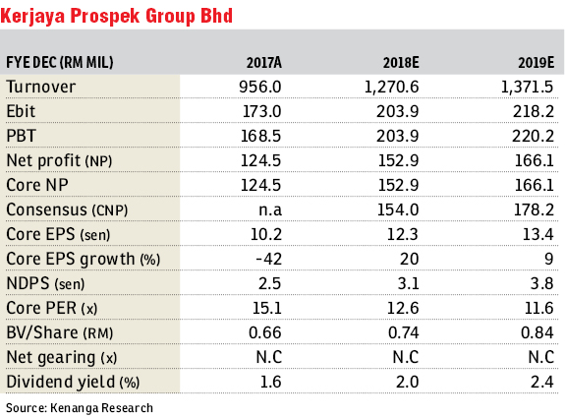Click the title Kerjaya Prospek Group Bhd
pyautogui.click(x=116, y=16)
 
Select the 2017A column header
pyautogui.click(x=264, y=63)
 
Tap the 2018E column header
pyautogui.click(x=401, y=63)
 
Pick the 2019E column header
pyautogui.click(x=537, y=63)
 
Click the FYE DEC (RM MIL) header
pyautogui.click(x=60, y=63)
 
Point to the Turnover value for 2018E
pyautogui.click(x=392, y=87)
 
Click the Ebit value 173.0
pyautogui.click(x=262, y=111)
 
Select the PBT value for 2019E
pyautogui.click(x=533, y=136)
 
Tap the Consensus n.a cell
pyautogui.click(x=270, y=209)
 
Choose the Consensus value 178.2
pyautogui.click(x=534, y=209)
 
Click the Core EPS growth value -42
pyautogui.click(x=269, y=259)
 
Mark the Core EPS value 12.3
pyautogui.click(x=403, y=234)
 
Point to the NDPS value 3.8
pyautogui.click(x=542, y=283)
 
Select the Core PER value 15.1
pyautogui.click(x=267, y=308)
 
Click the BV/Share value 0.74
pyautogui.click(x=404, y=332)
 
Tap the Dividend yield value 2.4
pyautogui.click(x=542, y=382)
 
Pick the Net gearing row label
pyautogui.click(x=62, y=358)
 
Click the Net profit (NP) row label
pyautogui.click(x=60, y=161)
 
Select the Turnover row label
pyautogui.click(x=41, y=87)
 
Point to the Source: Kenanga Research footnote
pyautogui.click(x=80, y=408)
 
